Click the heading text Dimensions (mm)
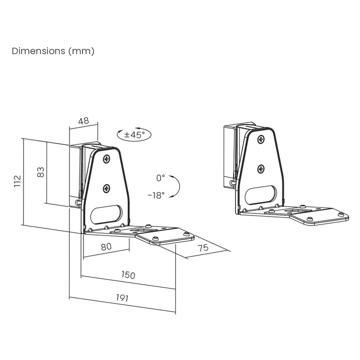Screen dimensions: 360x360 coord(52,51)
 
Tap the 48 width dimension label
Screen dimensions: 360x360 coord(83,120)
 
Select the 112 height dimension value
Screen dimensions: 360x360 coord(17,180)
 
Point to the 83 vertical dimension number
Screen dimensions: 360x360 coord(41,172)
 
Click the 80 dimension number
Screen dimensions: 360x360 coord(106,247)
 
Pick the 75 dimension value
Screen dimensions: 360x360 coord(203,248)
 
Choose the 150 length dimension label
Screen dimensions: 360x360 coord(128,275)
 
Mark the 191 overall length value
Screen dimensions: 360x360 coord(122,298)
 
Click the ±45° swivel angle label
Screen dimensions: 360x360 coord(134,134)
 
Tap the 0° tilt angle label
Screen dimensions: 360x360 coord(160,177)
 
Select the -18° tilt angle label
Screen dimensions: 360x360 coord(156,195)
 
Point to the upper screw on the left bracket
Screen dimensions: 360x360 coord(106,159)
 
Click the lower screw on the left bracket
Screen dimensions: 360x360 coord(106,188)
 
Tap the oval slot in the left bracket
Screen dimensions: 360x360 coord(106,214)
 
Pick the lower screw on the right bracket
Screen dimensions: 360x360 coord(260,169)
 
